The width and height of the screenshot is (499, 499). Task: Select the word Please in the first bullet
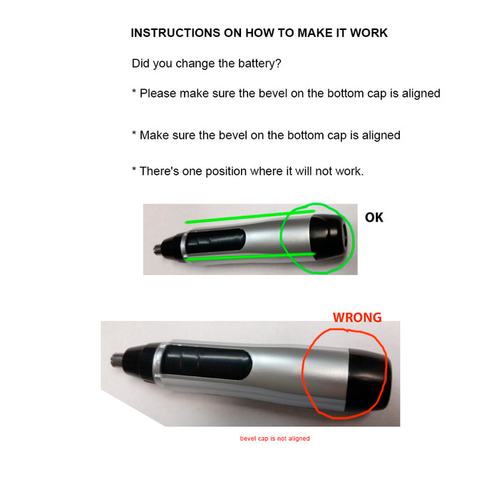pos(158,93)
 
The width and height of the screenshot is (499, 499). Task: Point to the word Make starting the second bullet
pos(154,135)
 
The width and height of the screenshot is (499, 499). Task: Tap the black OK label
pos(374,217)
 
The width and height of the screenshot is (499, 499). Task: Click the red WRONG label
pos(357,318)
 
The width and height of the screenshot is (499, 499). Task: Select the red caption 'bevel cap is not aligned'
pos(274,438)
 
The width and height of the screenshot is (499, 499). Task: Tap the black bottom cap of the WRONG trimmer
pos(369,379)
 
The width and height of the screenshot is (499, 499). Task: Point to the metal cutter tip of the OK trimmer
pos(158,249)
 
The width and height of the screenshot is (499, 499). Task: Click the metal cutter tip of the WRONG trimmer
pos(116,359)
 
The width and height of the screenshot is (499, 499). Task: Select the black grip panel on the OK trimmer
pos(215,241)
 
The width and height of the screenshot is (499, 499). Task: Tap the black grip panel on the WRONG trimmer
pos(207,362)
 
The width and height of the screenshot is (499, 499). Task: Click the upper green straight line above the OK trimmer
pos(250,217)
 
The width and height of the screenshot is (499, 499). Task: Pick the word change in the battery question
pos(195,63)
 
